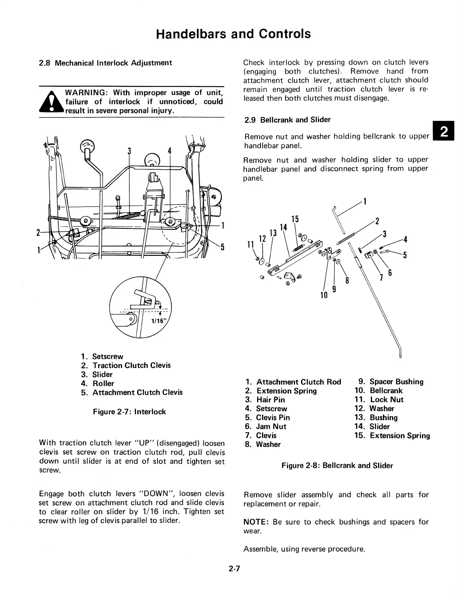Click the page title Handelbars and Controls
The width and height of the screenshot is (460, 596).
[233, 34]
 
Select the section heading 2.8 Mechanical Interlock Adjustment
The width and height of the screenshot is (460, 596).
[106, 63]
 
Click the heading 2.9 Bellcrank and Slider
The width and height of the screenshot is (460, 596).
[287, 120]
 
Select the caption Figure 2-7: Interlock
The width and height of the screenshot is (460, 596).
[129, 412]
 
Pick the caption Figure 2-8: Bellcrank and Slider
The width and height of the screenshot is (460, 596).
[337, 465]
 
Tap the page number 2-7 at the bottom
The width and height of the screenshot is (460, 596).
[233, 569]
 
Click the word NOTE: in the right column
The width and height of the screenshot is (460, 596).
[257, 522]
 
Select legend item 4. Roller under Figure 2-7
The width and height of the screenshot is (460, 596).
[98, 383]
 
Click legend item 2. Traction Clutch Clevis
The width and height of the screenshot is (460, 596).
[126, 365]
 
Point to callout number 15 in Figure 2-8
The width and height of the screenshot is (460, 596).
[295, 219]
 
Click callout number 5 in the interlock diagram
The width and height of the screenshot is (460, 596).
[222, 247]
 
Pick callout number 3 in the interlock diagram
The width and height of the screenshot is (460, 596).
[129, 151]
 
